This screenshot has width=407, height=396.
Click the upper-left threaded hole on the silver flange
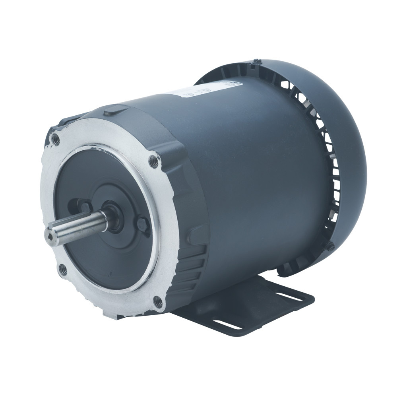tap(56, 139)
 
